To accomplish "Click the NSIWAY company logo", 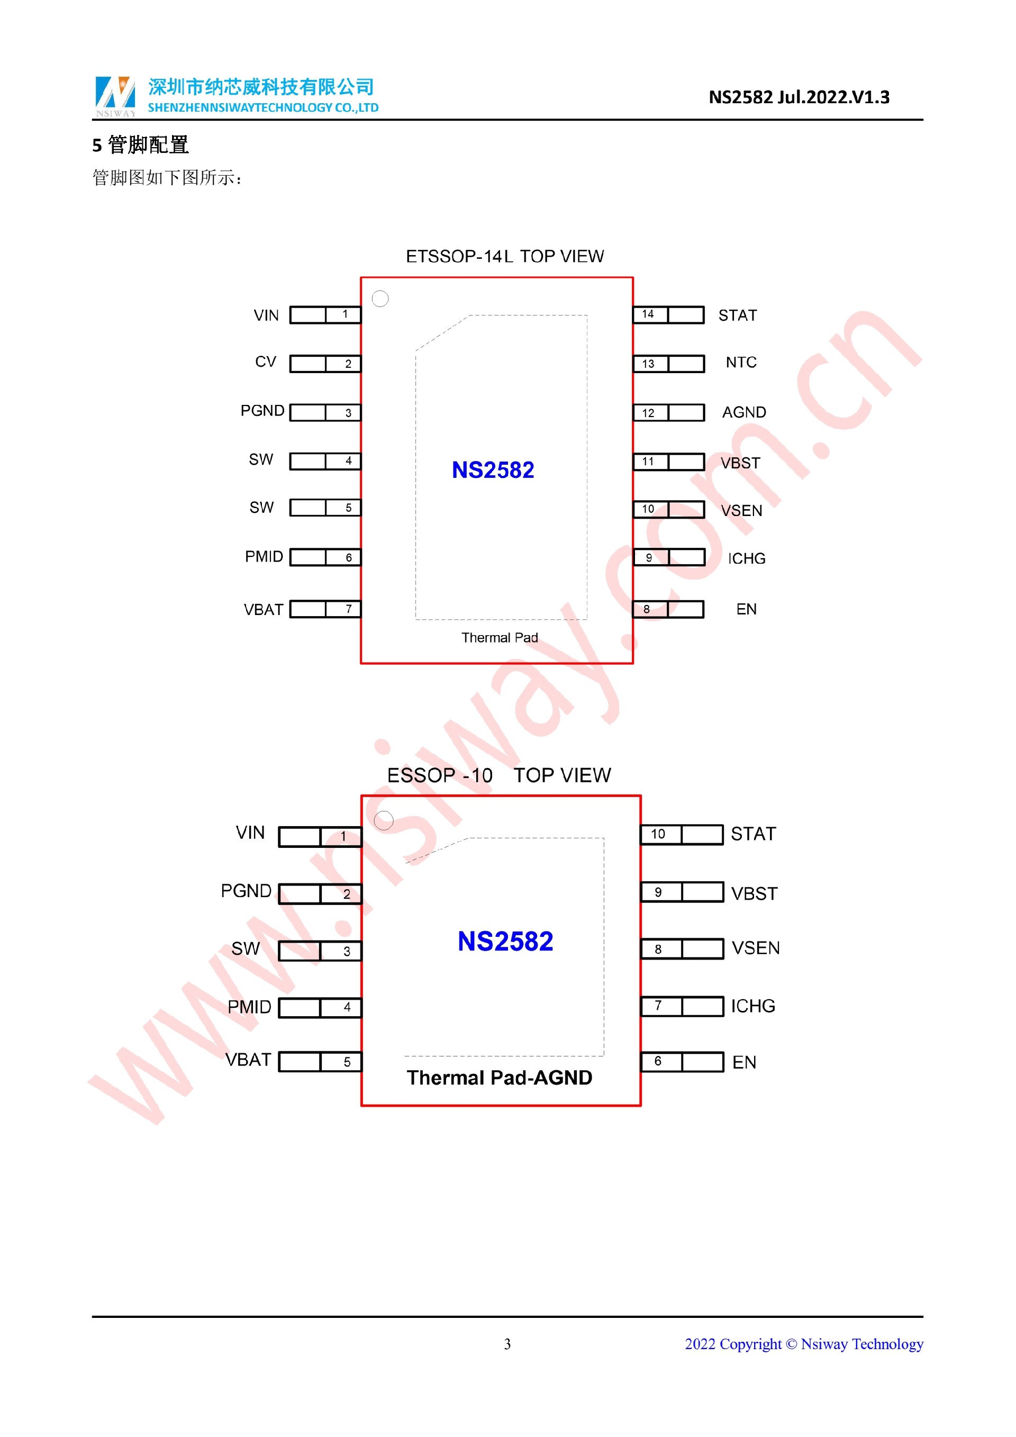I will coord(115,96).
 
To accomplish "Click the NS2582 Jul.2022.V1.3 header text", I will coord(799,97).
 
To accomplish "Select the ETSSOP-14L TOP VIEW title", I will coord(504,257).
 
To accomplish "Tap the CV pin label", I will coord(265,361).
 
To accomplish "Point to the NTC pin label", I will coord(741,363).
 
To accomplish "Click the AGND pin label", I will coord(743,412).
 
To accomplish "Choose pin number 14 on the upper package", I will coord(648,314).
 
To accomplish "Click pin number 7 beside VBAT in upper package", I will coord(349,608).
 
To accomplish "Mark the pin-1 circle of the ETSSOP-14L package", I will coord(380,299).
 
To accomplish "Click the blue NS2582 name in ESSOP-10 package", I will coord(505,941).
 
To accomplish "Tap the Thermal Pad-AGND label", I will coord(499,1077).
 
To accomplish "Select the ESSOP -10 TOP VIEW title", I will coord(498,775).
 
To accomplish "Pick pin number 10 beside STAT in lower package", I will coord(658,834).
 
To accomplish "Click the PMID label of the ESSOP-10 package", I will coord(249,1007).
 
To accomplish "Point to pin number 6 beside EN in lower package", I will coord(658,1061).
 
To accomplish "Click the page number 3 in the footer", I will coord(507,1344).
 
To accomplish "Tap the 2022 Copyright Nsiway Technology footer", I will coord(803,1344).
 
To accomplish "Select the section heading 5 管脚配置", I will coord(140,145).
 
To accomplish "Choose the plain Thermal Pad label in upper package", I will coord(499,638).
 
